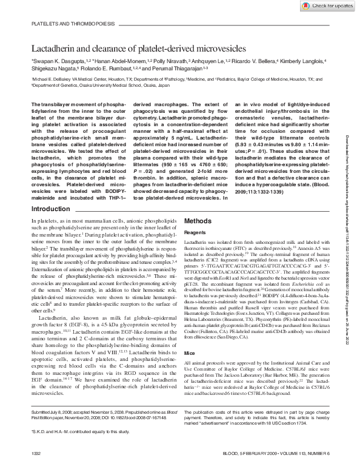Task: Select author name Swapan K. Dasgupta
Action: pos(56,61)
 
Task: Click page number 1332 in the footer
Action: pos(37,470)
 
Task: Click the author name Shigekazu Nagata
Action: pos(53,69)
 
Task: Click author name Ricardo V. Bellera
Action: pos(253,61)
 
